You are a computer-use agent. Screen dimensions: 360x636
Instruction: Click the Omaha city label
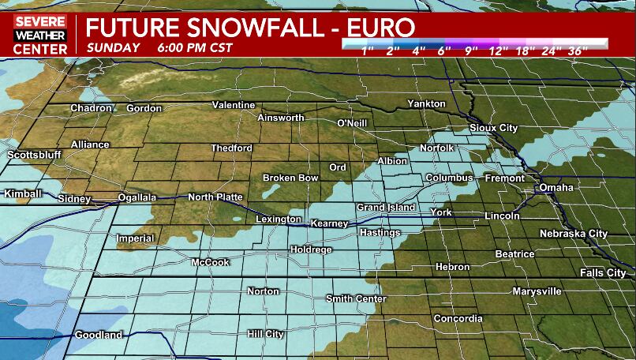pyautogui.click(x=556, y=187)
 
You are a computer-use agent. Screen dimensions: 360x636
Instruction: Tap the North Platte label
pyautogui.click(x=215, y=197)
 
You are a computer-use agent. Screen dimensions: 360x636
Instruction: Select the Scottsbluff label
pyautogui.click(x=34, y=155)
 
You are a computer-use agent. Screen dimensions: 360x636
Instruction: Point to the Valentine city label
pyautogui.click(x=234, y=105)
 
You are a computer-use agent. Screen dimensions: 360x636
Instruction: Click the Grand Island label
pyautogui.click(x=386, y=207)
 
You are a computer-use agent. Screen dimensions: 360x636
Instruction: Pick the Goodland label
pyautogui.click(x=99, y=336)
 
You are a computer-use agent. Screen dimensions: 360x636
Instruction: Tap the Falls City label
pyautogui.click(x=603, y=272)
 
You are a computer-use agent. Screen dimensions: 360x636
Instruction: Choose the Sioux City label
pyautogui.click(x=493, y=127)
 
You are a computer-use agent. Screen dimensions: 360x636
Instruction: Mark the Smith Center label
pyautogui.click(x=357, y=298)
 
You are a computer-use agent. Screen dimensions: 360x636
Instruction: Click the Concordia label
pyautogui.click(x=458, y=319)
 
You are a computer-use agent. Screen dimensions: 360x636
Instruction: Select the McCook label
pyautogui.click(x=210, y=262)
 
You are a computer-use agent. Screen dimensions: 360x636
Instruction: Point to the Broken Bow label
pyautogui.click(x=290, y=178)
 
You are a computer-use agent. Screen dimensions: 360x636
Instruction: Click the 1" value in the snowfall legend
pyautogui.click(x=368, y=51)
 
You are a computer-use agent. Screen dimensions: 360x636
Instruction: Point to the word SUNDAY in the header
pyautogui.click(x=114, y=47)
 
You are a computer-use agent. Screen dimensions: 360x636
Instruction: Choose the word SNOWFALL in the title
pyautogui.click(x=248, y=28)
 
